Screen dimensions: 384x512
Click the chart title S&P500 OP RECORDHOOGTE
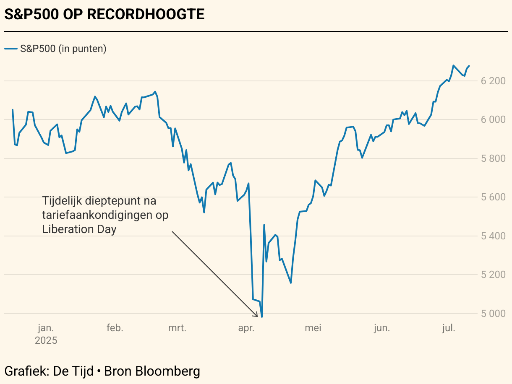tap(104, 14)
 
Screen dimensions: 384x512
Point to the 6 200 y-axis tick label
tap(493, 80)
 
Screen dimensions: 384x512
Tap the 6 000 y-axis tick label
tap(493, 119)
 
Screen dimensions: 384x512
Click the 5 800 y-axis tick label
tap(493, 158)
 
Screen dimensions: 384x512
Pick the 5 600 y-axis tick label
tap(493, 197)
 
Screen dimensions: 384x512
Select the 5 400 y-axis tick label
tap(493, 236)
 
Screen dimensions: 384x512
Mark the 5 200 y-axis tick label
tap(493, 275)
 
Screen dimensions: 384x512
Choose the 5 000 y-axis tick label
tap(493, 314)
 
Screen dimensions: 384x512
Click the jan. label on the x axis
tap(46, 328)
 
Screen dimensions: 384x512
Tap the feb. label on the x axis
tap(115, 328)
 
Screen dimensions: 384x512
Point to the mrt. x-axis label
tap(177, 328)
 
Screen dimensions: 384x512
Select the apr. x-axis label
tap(246, 328)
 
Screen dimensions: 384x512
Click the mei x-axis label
tap(313, 328)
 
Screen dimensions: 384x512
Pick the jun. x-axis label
tap(381, 328)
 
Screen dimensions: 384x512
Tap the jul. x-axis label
tap(449, 328)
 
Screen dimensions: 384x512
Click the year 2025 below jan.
tap(46, 340)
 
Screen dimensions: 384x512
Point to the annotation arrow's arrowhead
tap(256, 315)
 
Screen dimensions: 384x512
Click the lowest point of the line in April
tap(262, 317)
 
